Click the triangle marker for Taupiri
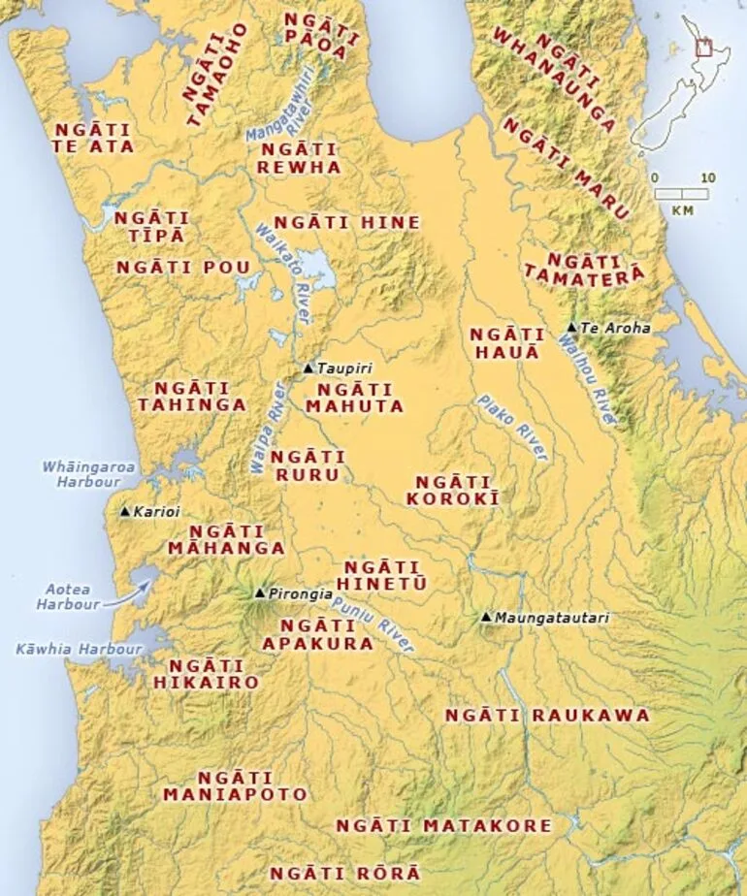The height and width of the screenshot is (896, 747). (x=309, y=368)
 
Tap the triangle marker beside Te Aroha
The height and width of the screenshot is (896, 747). (x=572, y=328)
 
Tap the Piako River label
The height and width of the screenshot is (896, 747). (x=511, y=427)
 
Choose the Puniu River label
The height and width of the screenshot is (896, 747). (x=373, y=624)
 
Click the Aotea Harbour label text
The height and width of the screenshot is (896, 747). (x=68, y=595)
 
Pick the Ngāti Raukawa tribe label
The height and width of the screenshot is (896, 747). (x=546, y=715)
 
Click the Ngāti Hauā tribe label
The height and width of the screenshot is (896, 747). (x=503, y=343)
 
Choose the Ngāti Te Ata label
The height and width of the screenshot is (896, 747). (x=94, y=137)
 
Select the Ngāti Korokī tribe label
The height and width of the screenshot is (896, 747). (x=456, y=490)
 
